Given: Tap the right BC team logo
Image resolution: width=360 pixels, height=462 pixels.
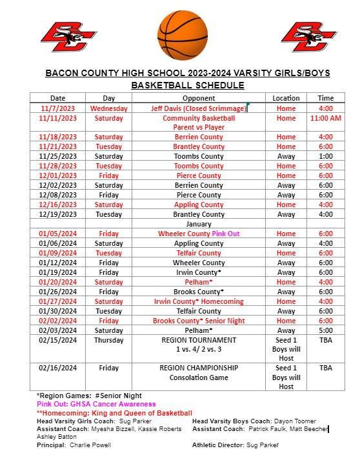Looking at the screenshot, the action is click(308, 37).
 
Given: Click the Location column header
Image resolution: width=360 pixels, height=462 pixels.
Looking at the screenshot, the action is click(286, 98).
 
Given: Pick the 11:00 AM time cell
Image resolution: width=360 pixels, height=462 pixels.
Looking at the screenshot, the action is click(326, 118).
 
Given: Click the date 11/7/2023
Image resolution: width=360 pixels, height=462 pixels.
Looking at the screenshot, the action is click(57, 108).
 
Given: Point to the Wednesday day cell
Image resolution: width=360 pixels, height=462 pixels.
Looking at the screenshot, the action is click(109, 108).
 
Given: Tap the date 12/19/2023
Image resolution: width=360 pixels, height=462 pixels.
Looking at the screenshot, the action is click(57, 214).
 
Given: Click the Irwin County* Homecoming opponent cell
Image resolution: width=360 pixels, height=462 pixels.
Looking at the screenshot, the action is click(198, 301).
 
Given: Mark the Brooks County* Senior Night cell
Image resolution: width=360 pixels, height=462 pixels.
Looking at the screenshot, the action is click(198, 321).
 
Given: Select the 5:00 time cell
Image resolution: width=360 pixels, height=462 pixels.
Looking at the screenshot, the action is click(326, 330).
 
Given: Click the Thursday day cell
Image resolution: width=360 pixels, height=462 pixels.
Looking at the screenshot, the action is click(109, 340).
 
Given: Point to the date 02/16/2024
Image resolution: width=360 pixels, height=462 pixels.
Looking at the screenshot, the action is click(57, 368).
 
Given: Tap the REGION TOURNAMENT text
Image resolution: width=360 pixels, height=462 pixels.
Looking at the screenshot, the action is click(189, 340).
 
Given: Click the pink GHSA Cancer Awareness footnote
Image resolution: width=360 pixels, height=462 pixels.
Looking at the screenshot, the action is click(96, 404).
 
